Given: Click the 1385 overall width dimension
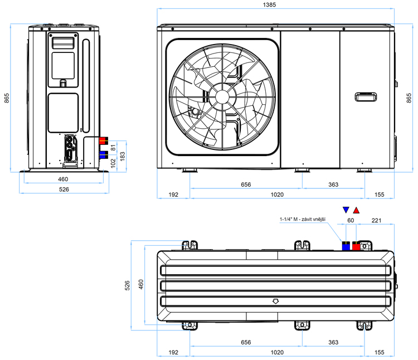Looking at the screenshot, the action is pos(269,5).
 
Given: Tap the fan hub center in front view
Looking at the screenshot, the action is pos(222,97).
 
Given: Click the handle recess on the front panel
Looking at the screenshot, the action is pos(366,97).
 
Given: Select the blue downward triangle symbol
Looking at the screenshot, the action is pos(346,210).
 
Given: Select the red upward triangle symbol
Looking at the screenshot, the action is pos(356,210).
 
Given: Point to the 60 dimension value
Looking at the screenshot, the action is pos(351,220).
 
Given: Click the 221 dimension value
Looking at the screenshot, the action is pos(376,220).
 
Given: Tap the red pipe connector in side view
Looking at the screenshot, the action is pos(104,140).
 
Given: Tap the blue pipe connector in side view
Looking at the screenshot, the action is pos(104,155).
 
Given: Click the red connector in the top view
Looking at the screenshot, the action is pos(356,246).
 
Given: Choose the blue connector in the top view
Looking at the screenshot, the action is pos(346,246).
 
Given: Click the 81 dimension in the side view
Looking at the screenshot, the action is pos(113,148).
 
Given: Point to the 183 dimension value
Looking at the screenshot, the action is pos(123,156).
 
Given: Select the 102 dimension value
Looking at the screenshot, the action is pos(113,163).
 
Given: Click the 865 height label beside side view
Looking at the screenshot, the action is pos(6,98).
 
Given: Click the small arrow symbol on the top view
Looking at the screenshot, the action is pos(276,301).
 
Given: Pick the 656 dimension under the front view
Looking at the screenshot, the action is pos(246,184).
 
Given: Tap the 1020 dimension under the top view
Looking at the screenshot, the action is pos(277,352).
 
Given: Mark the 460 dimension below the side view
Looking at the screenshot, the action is pos(63,179).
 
